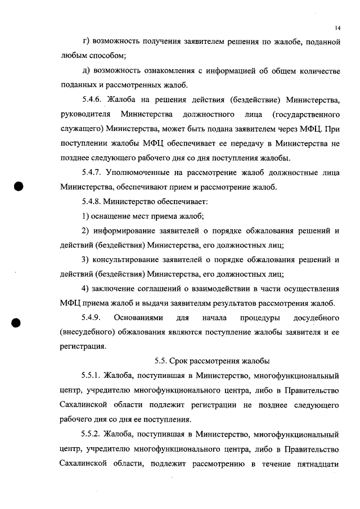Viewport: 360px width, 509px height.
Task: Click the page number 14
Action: pos(337,27)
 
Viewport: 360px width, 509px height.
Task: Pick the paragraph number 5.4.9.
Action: pos(93,318)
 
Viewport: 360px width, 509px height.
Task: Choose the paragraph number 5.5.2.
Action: pos(93,435)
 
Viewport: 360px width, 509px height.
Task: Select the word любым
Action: pos(74,56)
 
